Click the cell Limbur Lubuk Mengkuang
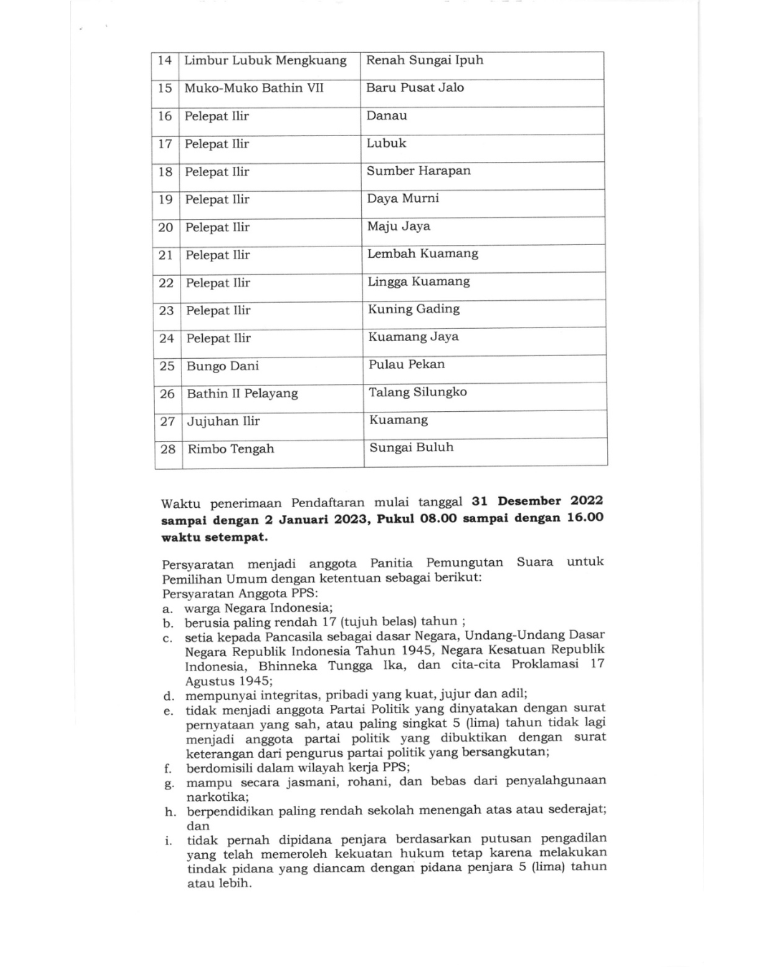click(265, 61)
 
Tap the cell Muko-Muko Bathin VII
click(254, 88)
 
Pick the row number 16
click(166, 116)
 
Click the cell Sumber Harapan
click(419, 171)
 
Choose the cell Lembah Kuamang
click(422, 254)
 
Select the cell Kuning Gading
click(414, 309)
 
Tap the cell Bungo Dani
click(223, 366)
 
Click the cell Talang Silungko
click(417, 393)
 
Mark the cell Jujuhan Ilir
click(224, 421)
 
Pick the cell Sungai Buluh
click(411, 448)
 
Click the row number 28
click(168, 449)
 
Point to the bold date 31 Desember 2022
click(537, 501)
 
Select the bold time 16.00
click(585, 517)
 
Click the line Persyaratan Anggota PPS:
click(240, 593)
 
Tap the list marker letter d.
click(168, 696)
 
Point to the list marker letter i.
click(169, 840)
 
